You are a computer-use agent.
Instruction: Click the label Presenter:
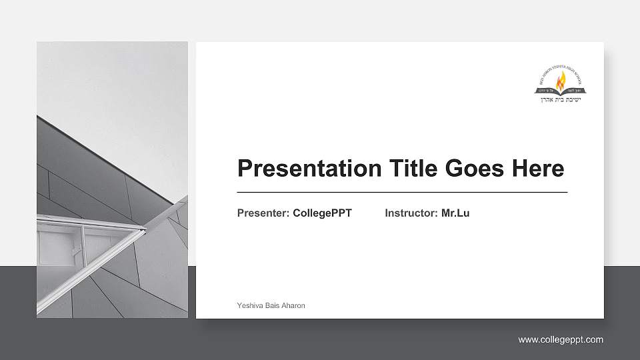[263, 213]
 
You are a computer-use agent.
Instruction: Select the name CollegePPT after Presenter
[322, 213]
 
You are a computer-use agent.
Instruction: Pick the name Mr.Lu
[455, 213]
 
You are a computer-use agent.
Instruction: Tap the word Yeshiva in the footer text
[249, 305]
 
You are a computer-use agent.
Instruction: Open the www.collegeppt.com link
[561, 340]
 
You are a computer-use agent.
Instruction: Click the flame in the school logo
[561, 81]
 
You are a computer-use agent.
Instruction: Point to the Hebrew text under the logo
[561, 99]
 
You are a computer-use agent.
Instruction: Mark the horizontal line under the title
[402, 192]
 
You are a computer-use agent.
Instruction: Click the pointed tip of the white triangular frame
[144, 230]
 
